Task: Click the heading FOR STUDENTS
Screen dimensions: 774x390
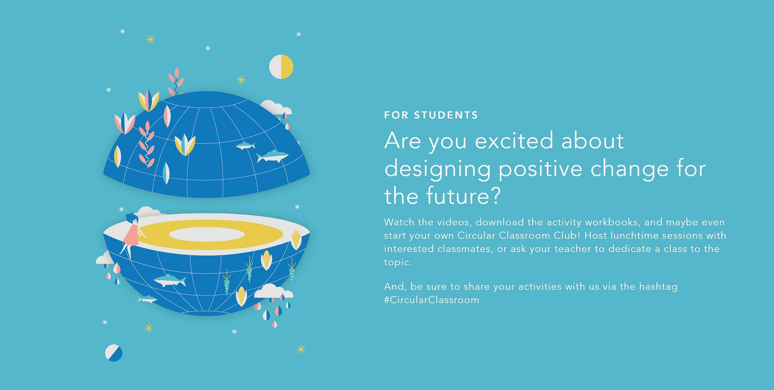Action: click(431, 115)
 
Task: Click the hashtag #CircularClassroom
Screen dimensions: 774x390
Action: click(432, 300)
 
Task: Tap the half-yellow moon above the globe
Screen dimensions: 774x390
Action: click(281, 67)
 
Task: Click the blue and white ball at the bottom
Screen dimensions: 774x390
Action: click(114, 353)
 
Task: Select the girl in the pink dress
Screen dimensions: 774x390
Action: click(132, 234)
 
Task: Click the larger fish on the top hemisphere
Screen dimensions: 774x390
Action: click(272, 156)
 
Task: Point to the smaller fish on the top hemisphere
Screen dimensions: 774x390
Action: click(245, 146)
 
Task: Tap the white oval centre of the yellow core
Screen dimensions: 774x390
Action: click(207, 234)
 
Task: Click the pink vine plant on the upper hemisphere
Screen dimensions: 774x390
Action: click(147, 144)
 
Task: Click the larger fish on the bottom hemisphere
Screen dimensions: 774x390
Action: click(170, 280)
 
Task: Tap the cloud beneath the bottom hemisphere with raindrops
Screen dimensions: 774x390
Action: click(273, 291)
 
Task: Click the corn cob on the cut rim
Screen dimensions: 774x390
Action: click(296, 239)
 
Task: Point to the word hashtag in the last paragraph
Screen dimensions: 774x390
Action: click(658, 287)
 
